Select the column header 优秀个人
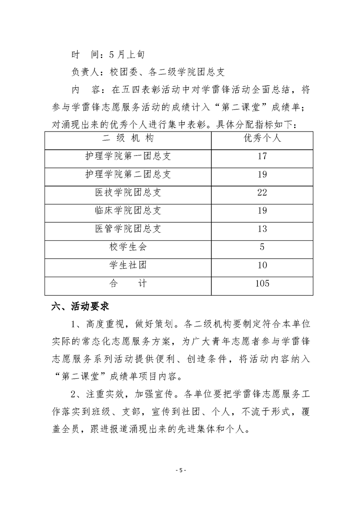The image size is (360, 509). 262,138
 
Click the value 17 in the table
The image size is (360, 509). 262,157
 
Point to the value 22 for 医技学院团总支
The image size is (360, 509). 262,193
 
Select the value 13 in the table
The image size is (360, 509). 262,229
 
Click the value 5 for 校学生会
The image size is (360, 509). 262,247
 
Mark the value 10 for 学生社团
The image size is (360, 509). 262,265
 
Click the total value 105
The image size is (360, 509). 262,284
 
